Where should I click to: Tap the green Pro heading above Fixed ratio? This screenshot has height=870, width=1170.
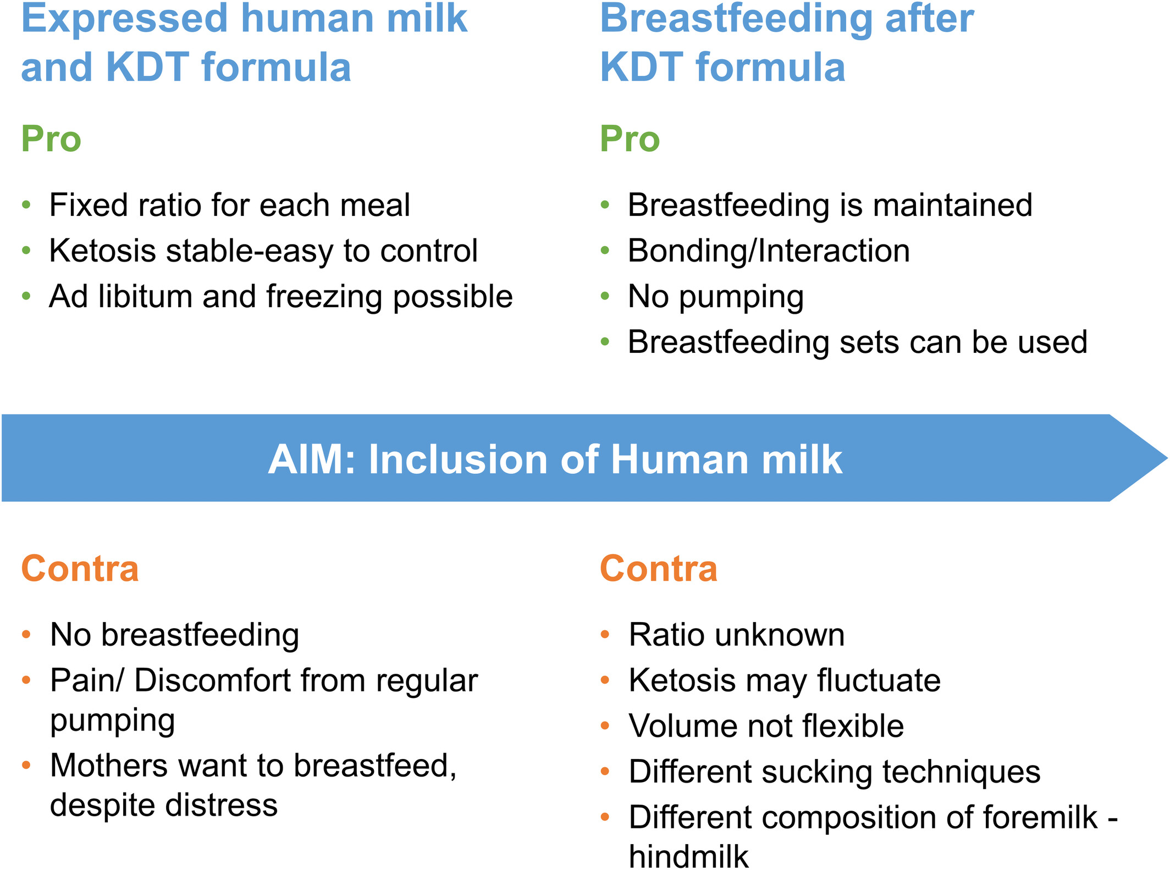(x=51, y=139)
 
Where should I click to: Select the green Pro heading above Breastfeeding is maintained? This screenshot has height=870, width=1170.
(x=630, y=139)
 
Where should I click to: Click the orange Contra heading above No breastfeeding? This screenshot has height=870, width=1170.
(x=80, y=568)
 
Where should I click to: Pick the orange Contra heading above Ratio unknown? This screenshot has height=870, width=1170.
(x=659, y=568)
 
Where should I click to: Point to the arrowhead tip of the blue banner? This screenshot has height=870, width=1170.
(x=1167, y=458)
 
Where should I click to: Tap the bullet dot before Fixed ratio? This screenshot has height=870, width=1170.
(x=26, y=205)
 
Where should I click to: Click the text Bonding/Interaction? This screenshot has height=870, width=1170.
(x=769, y=251)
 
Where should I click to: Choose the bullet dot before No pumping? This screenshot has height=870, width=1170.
(x=605, y=297)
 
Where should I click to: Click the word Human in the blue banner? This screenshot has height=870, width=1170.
(x=680, y=459)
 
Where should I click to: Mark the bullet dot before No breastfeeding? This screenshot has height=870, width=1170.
(x=26, y=635)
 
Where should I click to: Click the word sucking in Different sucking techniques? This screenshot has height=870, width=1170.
(x=818, y=772)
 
